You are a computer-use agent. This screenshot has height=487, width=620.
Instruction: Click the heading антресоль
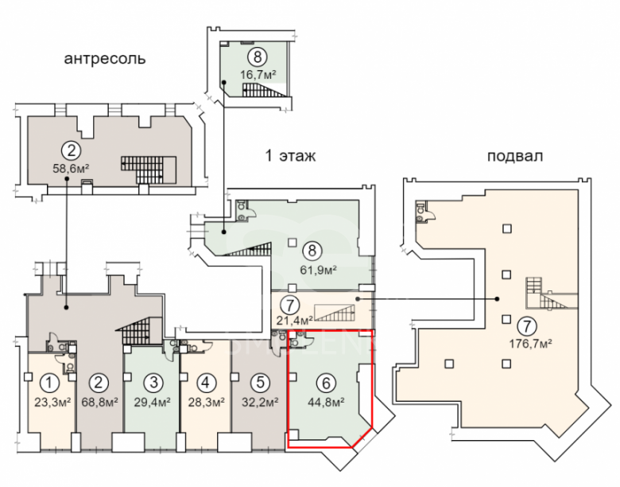click(105, 59)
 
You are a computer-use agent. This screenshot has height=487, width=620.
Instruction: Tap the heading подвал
click(515, 156)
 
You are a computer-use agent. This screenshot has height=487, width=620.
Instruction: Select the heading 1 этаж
click(291, 156)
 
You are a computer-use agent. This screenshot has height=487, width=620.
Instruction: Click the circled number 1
click(49, 383)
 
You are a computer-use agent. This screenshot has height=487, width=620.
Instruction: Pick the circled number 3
click(154, 383)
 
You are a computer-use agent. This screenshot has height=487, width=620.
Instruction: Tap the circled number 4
click(205, 383)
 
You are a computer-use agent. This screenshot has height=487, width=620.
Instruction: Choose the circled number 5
click(260, 383)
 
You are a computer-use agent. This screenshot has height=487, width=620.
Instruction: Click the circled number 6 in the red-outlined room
click(326, 383)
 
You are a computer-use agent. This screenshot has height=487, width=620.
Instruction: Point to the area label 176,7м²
click(530, 344)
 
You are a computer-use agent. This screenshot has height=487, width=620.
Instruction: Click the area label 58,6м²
click(71, 169)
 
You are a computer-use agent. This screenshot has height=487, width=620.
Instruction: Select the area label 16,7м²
click(258, 74)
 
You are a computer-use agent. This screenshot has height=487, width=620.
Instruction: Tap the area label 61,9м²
click(318, 270)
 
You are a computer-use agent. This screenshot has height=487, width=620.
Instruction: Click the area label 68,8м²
click(100, 402)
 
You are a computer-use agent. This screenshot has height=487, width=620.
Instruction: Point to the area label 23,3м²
click(52, 402)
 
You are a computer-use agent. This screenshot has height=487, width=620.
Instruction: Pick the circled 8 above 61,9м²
click(312, 250)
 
